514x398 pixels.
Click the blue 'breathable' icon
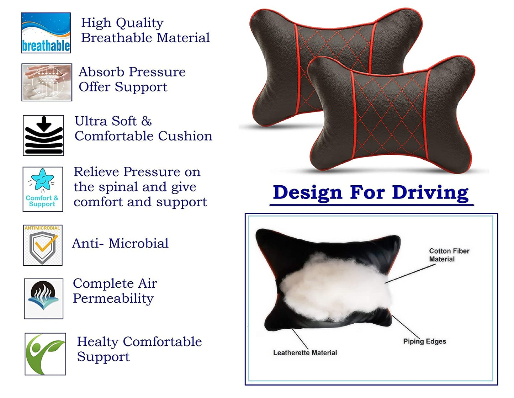tap(46, 33)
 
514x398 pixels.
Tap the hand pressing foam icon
tap(47, 82)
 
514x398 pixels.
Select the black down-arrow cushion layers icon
tap(43, 135)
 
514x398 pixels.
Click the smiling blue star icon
tap(43, 189)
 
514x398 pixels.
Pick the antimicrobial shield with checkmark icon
tap(43, 245)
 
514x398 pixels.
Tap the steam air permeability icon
tap(43, 299)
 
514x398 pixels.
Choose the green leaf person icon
tap(46, 354)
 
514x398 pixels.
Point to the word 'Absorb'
tap(102, 72)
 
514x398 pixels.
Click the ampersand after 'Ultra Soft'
tap(147, 121)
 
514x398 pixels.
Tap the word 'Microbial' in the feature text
tap(139, 243)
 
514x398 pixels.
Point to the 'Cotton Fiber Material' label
tap(449, 255)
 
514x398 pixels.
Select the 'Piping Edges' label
tap(425, 341)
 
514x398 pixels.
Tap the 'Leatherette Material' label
tap(305, 353)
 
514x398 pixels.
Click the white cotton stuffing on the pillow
tap(335, 291)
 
